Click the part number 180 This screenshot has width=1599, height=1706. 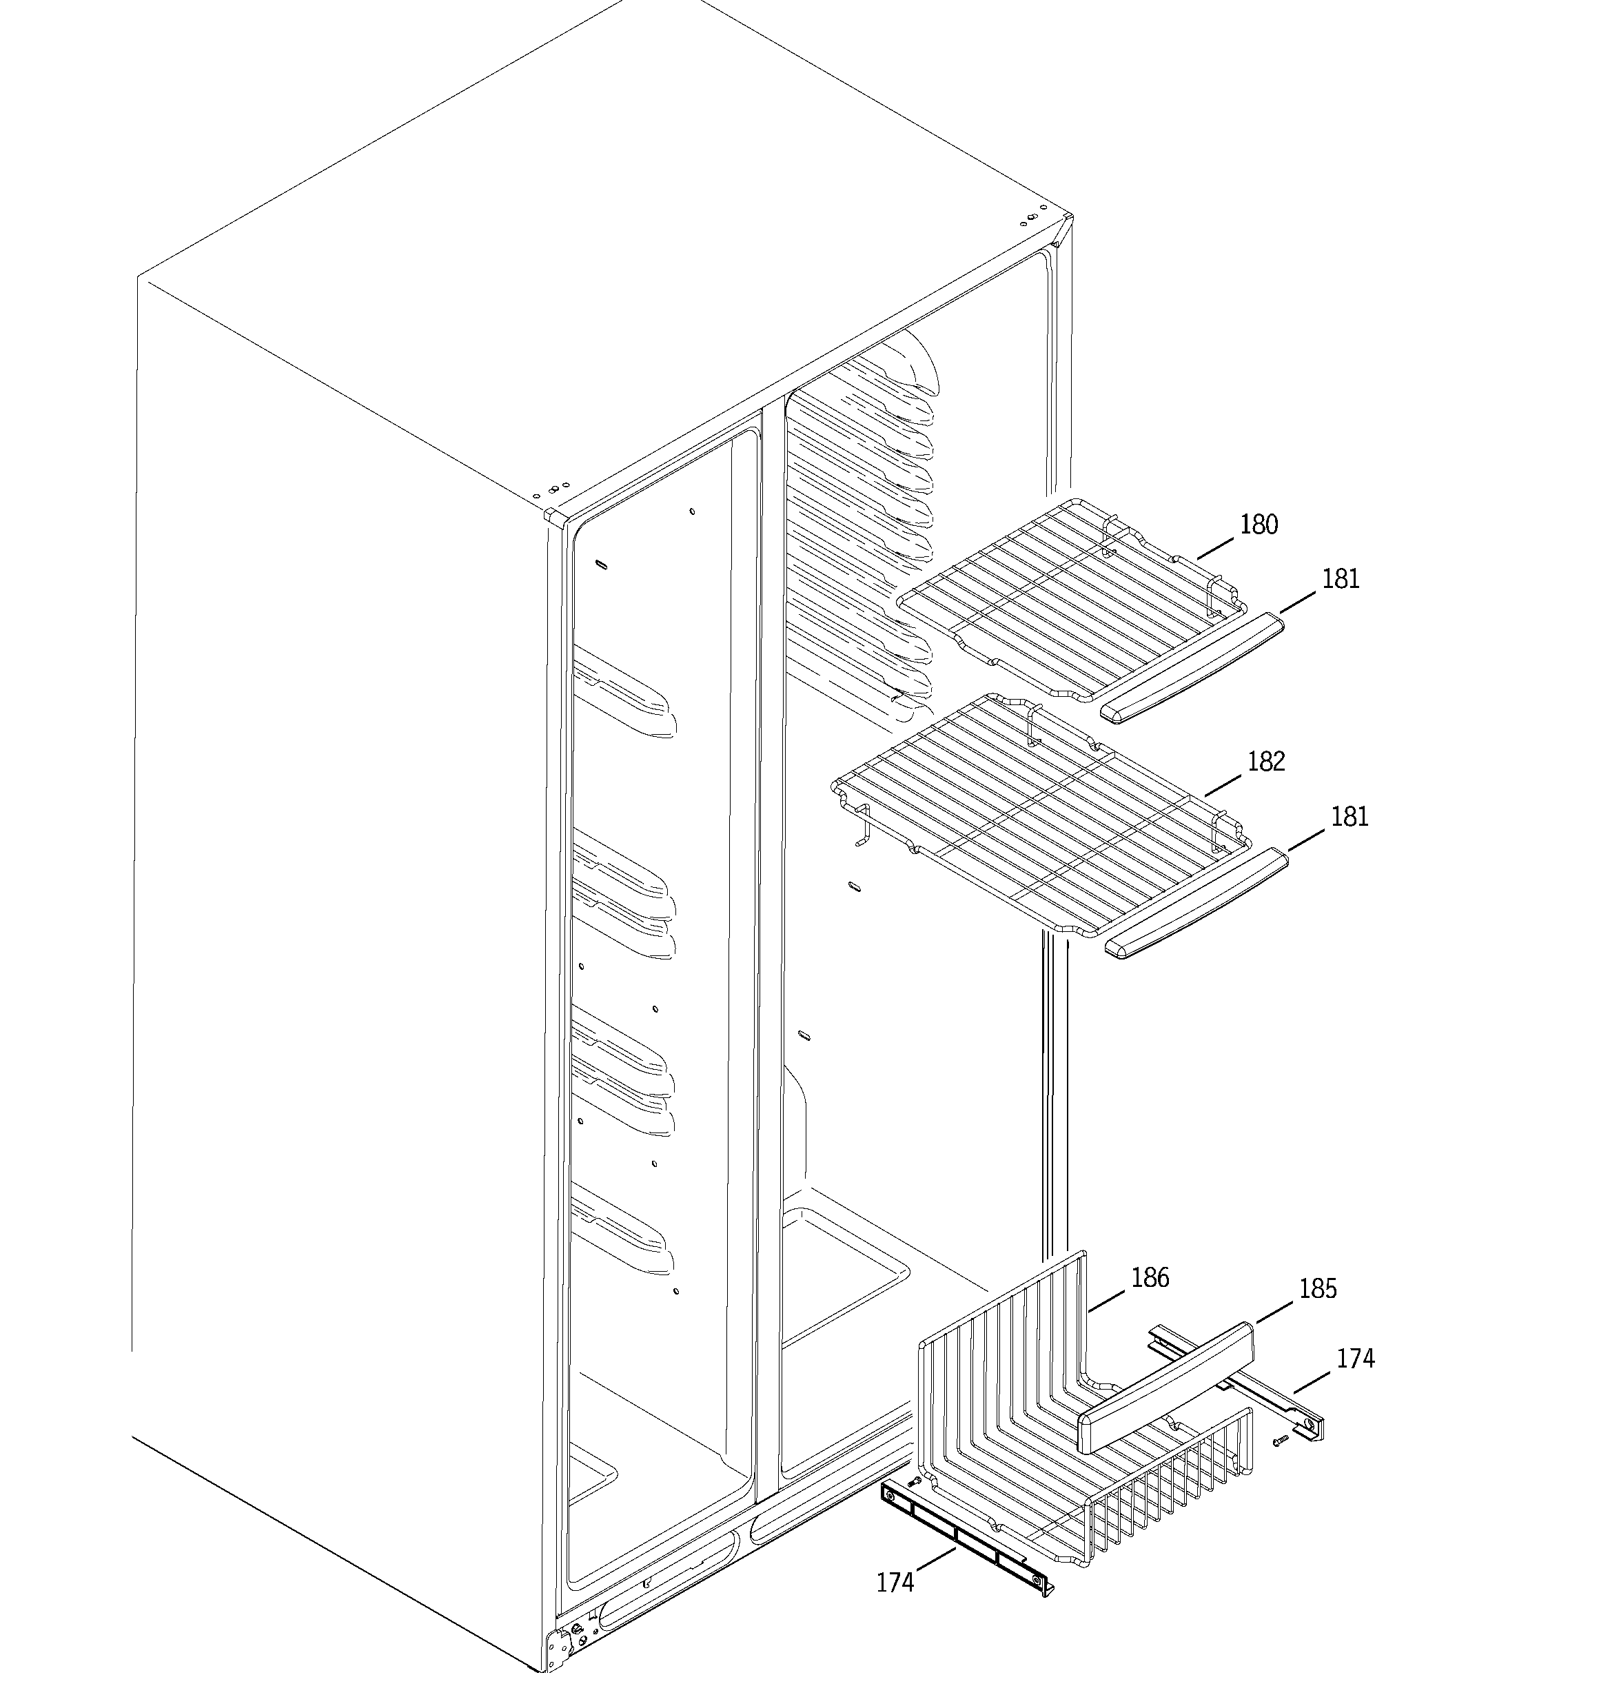coord(1259,525)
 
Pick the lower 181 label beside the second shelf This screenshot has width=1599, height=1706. coord(1348,816)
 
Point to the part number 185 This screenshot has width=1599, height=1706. coord(1318,1312)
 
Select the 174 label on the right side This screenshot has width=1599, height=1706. coord(1355,1383)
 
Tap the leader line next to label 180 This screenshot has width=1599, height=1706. coord(1215,547)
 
